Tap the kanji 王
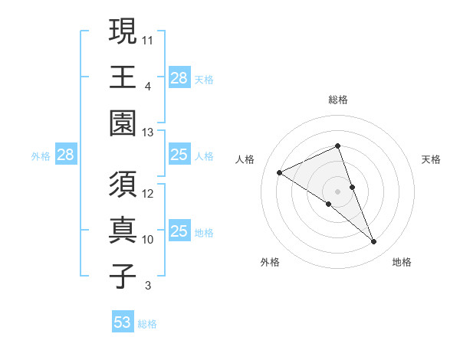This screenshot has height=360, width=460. point(122,77)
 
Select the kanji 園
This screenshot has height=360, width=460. point(122,123)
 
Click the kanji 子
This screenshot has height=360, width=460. point(122,276)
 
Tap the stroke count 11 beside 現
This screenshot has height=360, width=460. point(149,38)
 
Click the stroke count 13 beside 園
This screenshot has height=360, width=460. point(149,133)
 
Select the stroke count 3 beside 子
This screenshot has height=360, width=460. point(148,286)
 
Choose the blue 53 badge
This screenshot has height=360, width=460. point(123,322)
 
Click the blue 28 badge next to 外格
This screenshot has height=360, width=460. point(65,155)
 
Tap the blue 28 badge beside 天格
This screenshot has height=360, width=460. point(179,78)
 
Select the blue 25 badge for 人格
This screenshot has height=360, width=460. point(179,155)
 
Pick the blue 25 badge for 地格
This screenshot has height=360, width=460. point(179,231)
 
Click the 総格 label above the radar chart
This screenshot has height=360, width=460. point(338,100)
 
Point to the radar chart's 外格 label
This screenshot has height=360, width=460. point(270,262)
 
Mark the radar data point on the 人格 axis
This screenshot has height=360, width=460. point(280,172)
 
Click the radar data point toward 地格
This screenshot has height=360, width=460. point(374,242)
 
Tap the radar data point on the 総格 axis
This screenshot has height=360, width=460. point(338,146)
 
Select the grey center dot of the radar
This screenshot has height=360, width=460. point(338,191)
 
